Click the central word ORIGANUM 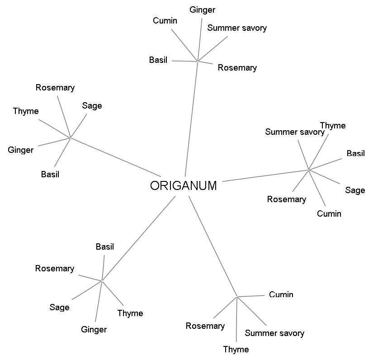pos(183,186)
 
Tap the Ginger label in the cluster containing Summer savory pos(202,9)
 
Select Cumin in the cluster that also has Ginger pos(165,20)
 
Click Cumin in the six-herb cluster pos(329,213)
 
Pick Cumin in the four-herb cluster pos(281,294)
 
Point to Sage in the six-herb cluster pos(355,190)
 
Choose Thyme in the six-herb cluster pos(333,125)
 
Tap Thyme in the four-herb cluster pos(236,349)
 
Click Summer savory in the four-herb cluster pos(274,333)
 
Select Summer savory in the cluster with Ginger pos(237,28)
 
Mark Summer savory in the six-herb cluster pos(295,132)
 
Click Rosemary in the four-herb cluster pos(205,326)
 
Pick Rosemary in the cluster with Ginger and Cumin pos(237,67)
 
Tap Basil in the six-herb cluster pos(356,153)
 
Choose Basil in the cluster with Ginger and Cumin pos(158,60)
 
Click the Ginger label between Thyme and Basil pos(21,150)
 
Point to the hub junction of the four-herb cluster pos(237,297)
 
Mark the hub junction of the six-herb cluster pos(308,170)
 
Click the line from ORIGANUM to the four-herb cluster pos(212,246)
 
